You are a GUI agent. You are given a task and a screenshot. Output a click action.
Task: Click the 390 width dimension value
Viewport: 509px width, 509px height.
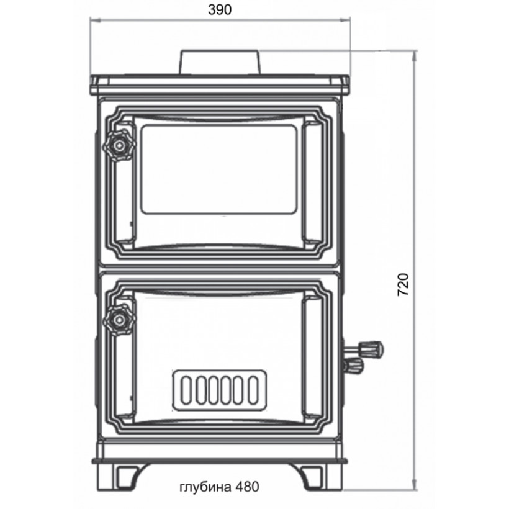click(x=220, y=10)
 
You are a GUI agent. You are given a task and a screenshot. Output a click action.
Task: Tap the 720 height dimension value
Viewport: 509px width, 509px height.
click(x=403, y=284)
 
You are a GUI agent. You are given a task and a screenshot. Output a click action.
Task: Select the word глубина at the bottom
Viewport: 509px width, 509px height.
click(x=205, y=487)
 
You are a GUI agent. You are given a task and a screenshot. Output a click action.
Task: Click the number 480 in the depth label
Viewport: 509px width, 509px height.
click(x=247, y=486)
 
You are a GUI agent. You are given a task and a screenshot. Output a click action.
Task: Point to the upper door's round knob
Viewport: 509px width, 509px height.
click(x=119, y=146)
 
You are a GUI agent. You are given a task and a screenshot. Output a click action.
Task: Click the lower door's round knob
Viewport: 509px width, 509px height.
click(x=119, y=320)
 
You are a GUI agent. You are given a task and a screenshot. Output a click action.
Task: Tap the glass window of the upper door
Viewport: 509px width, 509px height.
click(x=220, y=169)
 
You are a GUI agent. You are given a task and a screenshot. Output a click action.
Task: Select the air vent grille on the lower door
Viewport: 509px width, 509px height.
click(x=220, y=390)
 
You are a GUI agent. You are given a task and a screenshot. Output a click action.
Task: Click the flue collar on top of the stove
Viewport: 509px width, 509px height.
click(x=220, y=62)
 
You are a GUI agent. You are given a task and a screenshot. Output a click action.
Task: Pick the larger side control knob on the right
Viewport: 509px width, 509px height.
click(x=371, y=349)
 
